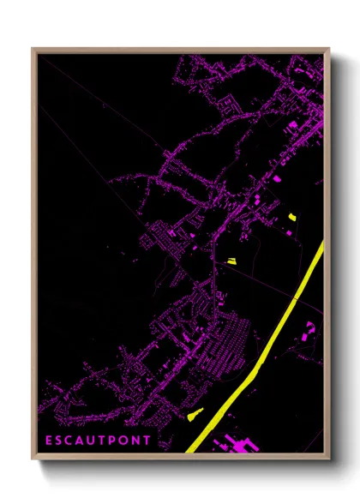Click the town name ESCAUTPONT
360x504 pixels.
tap(99, 441)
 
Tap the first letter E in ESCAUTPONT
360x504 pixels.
tap(49, 441)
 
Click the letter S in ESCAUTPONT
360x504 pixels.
tap(60, 441)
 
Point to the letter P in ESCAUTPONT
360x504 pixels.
tap(116, 441)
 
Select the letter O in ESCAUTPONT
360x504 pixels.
tap(127, 441)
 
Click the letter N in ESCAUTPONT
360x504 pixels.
tap(139, 441)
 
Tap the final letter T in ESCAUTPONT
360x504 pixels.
tap(149, 441)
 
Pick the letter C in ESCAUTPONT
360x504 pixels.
tap(71, 441)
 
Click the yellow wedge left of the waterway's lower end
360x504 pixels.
tap(193, 417)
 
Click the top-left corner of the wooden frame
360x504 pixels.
tap(33, 49)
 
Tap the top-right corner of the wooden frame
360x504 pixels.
tap(328, 49)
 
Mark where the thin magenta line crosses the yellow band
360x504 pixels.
tap(297, 298)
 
